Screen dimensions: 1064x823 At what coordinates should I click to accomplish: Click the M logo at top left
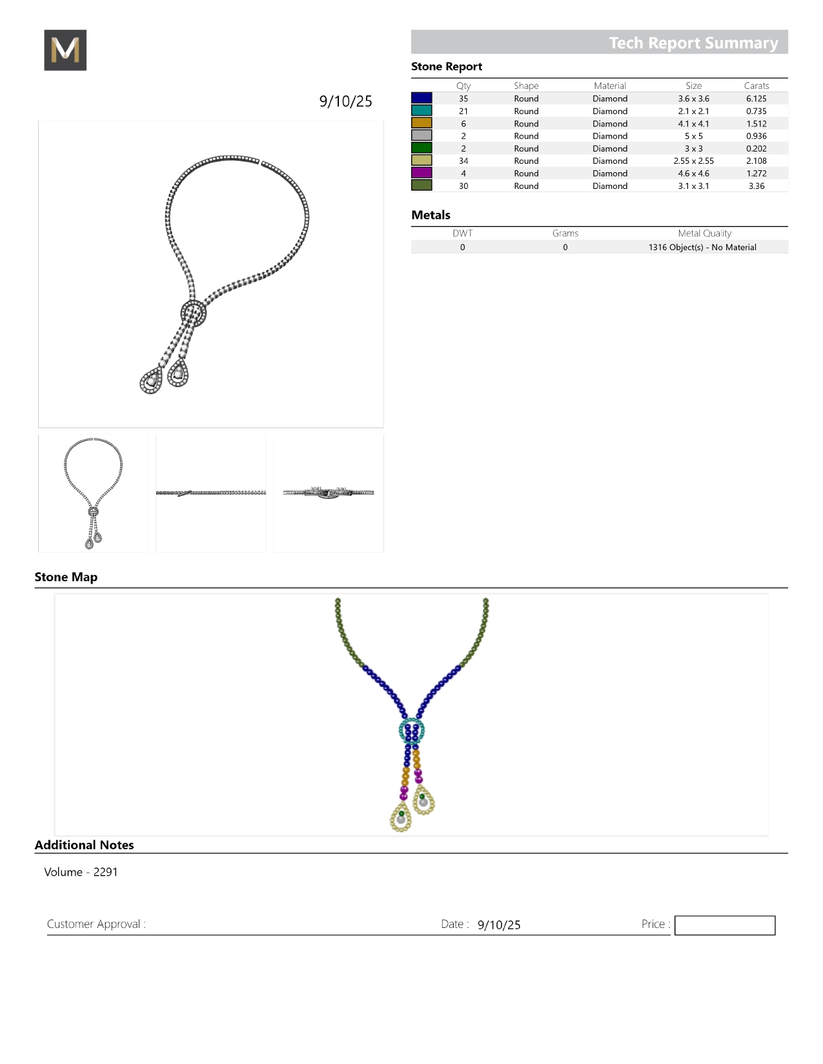(x=65, y=50)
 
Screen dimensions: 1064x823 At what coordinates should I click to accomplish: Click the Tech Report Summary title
(x=693, y=43)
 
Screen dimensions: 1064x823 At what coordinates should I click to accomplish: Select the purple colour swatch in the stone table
(x=422, y=173)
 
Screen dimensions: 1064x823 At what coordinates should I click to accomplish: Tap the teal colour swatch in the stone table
(x=422, y=111)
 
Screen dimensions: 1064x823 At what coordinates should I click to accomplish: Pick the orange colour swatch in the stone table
(x=422, y=123)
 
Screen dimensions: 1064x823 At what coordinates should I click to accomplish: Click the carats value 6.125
(x=756, y=99)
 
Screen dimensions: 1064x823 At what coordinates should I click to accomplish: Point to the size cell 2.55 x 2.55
(x=693, y=161)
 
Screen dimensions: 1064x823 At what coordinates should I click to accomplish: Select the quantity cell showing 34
(x=463, y=161)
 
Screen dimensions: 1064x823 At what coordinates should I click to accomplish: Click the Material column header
(x=609, y=86)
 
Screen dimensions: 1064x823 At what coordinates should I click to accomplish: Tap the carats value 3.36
(x=756, y=186)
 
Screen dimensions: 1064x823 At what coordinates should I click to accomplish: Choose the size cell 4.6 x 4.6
(x=693, y=173)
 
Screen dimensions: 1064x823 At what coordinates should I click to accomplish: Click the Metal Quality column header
(x=704, y=233)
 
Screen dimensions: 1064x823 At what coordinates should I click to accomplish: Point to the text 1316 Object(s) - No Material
(x=702, y=247)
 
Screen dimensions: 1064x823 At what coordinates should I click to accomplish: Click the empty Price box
(x=724, y=925)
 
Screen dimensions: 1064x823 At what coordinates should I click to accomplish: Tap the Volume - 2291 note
(x=81, y=872)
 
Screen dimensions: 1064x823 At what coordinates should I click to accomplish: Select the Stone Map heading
(x=66, y=577)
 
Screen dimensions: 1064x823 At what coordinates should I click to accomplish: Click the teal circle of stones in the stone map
(x=411, y=731)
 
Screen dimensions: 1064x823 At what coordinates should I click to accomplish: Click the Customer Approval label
(x=96, y=924)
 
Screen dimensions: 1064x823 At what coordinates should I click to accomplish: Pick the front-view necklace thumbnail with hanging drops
(x=93, y=493)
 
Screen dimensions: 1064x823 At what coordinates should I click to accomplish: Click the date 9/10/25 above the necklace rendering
(x=345, y=101)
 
